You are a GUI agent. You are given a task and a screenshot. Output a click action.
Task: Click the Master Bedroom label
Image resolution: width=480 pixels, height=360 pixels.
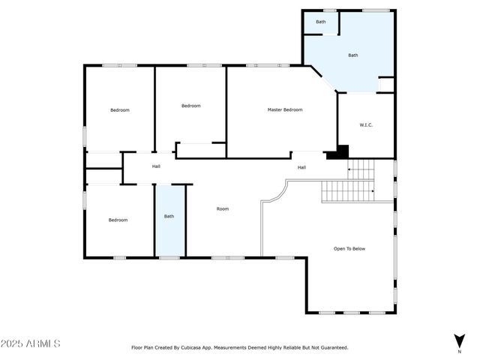(x=285, y=110)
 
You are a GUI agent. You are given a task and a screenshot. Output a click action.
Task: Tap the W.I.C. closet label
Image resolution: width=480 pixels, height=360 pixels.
(x=366, y=124)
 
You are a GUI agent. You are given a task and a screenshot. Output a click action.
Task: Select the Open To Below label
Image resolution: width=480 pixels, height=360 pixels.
(x=349, y=248)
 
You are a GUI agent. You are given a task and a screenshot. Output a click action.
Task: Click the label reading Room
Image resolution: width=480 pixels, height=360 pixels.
(x=223, y=208)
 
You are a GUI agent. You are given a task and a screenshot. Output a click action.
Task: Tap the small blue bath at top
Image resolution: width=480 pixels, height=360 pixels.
(x=321, y=22)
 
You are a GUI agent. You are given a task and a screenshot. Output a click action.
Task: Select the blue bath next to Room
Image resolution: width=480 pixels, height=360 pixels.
(x=169, y=217)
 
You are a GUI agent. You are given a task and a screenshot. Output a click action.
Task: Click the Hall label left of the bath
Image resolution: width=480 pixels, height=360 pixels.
(x=156, y=166)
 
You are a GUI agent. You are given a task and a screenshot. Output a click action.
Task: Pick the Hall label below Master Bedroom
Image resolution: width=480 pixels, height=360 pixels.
(x=301, y=167)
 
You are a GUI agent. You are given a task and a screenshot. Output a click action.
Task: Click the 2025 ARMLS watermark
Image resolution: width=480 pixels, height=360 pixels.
(x=31, y=343)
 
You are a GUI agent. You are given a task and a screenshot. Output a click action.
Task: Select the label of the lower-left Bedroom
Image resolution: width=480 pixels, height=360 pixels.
(x=118, y=220)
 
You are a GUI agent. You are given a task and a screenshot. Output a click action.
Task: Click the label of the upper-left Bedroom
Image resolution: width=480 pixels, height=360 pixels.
(x=120, y=110)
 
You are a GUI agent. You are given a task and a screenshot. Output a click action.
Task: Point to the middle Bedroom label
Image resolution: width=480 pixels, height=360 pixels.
(x=191, y=106)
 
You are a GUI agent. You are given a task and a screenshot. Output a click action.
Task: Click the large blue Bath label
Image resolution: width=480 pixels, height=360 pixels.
(x=352, y=55)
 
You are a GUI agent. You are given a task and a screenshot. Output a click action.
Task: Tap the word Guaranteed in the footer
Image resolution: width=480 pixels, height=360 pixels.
(x=331, y=347)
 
